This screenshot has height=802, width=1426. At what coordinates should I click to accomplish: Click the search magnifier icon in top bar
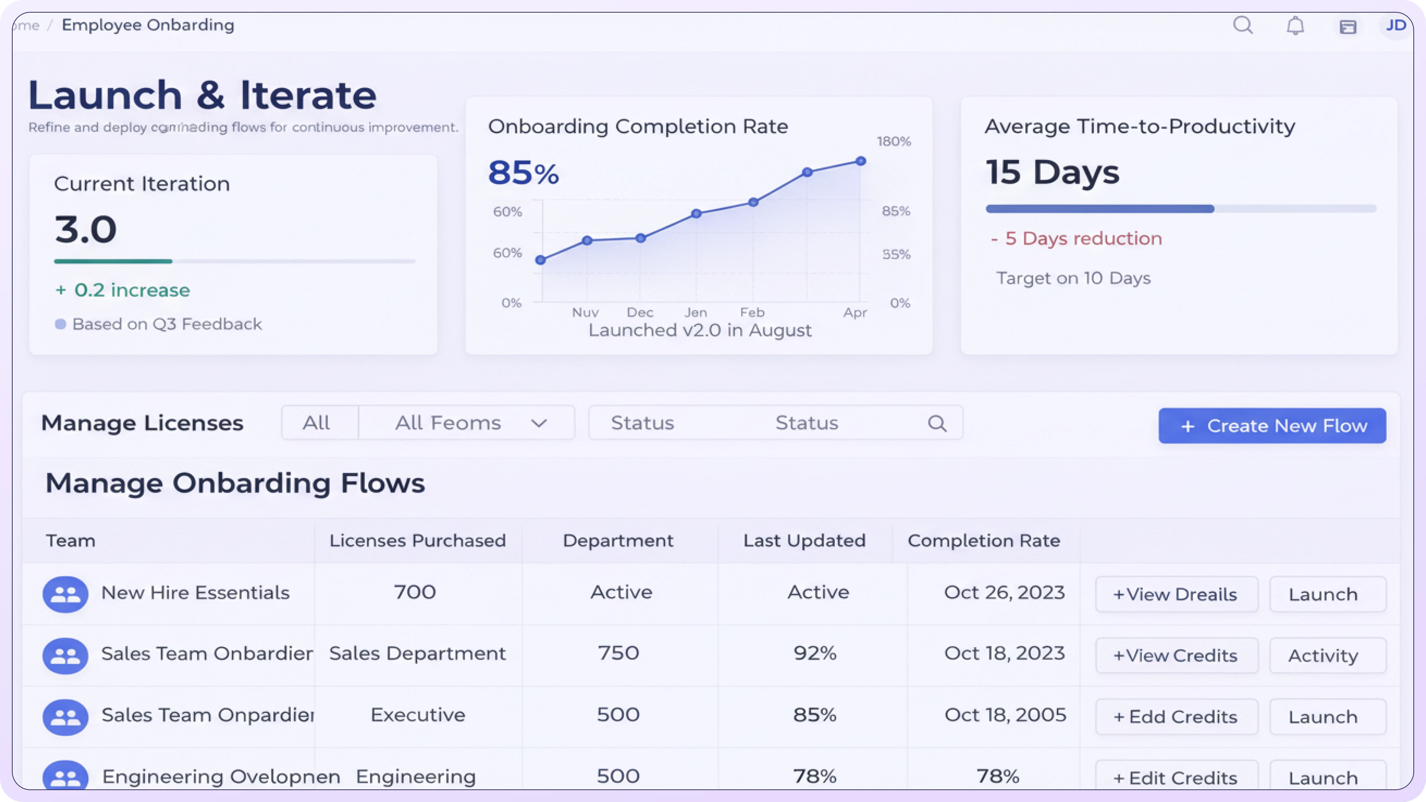[x=1243, y=26]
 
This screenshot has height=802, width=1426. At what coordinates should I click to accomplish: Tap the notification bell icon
[x=1295, y=26]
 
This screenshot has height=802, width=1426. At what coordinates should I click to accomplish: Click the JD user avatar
[x=1396, y=26]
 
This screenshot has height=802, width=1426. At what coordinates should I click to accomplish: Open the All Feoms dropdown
[x=467, y=423]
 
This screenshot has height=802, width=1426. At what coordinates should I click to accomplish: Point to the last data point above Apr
[x=860, y=161]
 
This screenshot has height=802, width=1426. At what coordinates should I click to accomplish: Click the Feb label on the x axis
[x=752, y=313]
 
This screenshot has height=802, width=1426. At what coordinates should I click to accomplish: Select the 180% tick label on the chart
[x=893, y=142]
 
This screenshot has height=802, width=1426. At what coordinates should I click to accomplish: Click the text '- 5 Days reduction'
[x=1076, y=238]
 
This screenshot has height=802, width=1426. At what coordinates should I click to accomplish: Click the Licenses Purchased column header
[x=417, y=541]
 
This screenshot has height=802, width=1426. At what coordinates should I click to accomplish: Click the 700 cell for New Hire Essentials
[x=415, y=592]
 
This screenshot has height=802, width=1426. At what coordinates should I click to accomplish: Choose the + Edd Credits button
[x=1176, y=717]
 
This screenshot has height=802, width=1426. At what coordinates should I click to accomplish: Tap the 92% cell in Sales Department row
[x=814, y=653]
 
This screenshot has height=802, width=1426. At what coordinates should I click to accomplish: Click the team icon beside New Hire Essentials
[x=65, y=594]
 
